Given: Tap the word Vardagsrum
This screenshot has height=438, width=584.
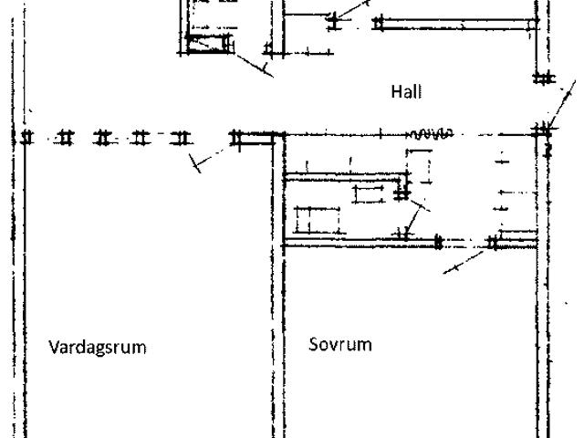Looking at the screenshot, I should (x=97, y=347).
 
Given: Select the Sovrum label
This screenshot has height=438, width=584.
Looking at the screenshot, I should (x=339, y=345).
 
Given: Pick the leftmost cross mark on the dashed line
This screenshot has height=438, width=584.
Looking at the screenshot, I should (x=27, y=138).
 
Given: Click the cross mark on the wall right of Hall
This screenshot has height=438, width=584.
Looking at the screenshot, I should (x=544, y=78).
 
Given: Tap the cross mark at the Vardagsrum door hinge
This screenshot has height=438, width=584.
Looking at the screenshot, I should (x=237, y=138).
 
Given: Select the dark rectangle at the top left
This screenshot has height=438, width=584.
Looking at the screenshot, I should (x=207, y=45).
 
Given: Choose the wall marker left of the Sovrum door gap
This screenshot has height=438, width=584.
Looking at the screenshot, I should (x=438, y=243).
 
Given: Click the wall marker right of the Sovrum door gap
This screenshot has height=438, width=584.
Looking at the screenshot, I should (x=493, y=243).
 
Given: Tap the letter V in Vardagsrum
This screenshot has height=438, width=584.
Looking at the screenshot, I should (x=52, y=347).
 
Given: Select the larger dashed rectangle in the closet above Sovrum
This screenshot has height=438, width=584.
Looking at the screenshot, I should (x=317, y=220).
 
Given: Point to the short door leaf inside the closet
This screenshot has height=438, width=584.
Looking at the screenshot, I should (x=417, y=219).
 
